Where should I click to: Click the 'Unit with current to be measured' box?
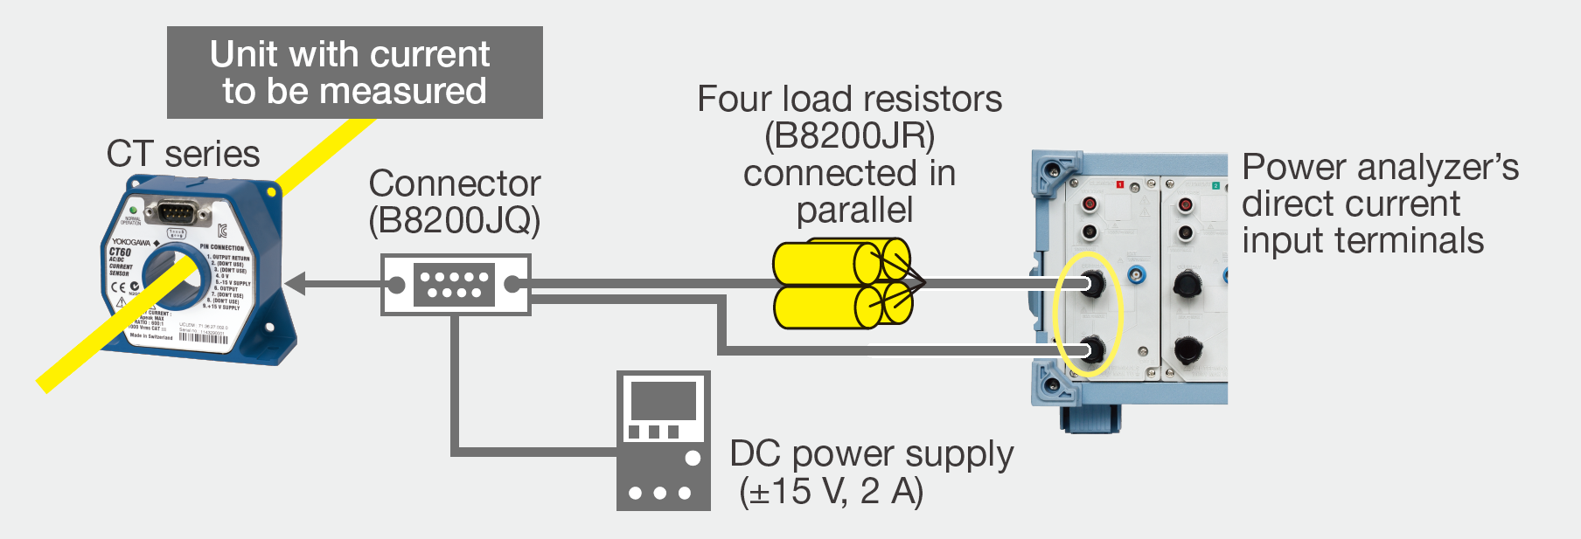coord(354,73)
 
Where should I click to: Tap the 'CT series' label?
coord(183,155)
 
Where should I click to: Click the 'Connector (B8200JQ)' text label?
coord(454,202)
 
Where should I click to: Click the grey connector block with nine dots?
coord(454,285)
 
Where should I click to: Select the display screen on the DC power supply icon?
coord(663,401)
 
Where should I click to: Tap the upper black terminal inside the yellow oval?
coord(1091,283)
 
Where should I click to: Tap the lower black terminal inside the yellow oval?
coord(1091,350)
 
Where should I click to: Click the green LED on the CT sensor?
coord(132,211)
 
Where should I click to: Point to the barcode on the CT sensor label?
coord(203,338)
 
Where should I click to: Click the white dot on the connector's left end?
coord(396,285)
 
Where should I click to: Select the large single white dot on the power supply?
coord(693,458)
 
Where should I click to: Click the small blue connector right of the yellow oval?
coord(1136,275)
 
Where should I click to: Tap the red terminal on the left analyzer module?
coord(1090,205)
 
